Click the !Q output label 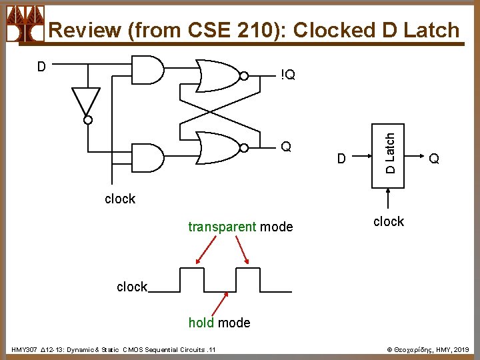point(288,75)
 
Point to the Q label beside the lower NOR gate point(286,147)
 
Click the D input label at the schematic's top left point(41,67)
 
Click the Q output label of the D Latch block point(434,159)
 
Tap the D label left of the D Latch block point(341,159)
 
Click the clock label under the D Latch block point(389,221)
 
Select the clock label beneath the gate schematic point(120,199)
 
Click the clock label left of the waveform point(131,287)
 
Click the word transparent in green point(221,227)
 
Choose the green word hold point(201,323)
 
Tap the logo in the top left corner point(25,23)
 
